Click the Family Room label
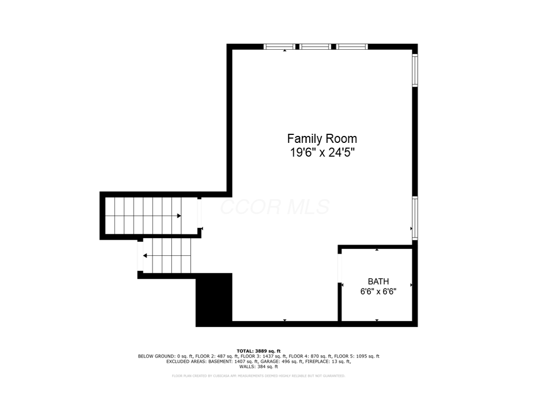tap(322, 139)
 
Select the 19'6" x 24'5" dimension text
tap(322, 153)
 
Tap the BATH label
tap(378, 281)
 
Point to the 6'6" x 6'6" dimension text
tap(378, 292)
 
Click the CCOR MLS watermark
tap(275, 207)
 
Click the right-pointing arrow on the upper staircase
tap(179, 216)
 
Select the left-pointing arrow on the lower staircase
tap(145, 256)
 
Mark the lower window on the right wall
tap(415, 218)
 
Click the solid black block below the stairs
tap(214, 300)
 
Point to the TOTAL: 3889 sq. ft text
tap(258, 351)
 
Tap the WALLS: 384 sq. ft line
tap(258, 367)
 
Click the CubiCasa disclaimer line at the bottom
tap(258, 376)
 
